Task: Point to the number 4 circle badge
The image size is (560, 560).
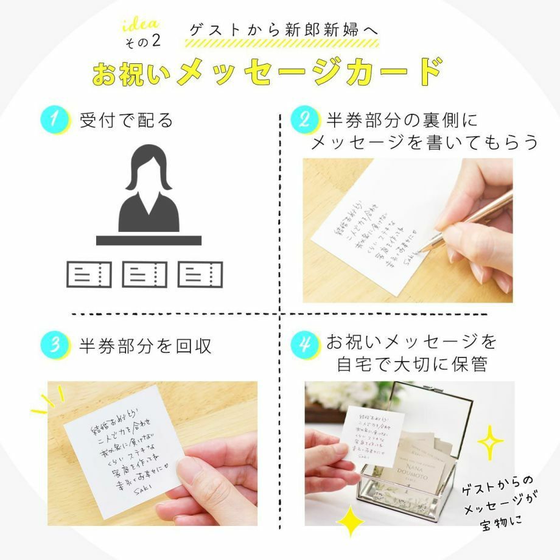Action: coord(303,345)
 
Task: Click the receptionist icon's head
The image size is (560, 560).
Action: coord(149,166)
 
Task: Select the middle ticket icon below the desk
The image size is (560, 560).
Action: coord(144,275)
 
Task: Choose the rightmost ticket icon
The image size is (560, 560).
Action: coord(200,275)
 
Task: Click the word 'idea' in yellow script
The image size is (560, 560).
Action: coord(141,26)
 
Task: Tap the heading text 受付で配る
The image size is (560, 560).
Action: coord(127,120)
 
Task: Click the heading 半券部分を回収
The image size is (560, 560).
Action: coord(145,346)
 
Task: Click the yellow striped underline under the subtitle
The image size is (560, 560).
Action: coord(282,44)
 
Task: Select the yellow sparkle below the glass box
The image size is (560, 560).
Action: coord(350,521)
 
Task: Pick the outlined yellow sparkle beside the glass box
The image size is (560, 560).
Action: coord(489,442)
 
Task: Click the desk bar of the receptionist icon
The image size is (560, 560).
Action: coord(149,240)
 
